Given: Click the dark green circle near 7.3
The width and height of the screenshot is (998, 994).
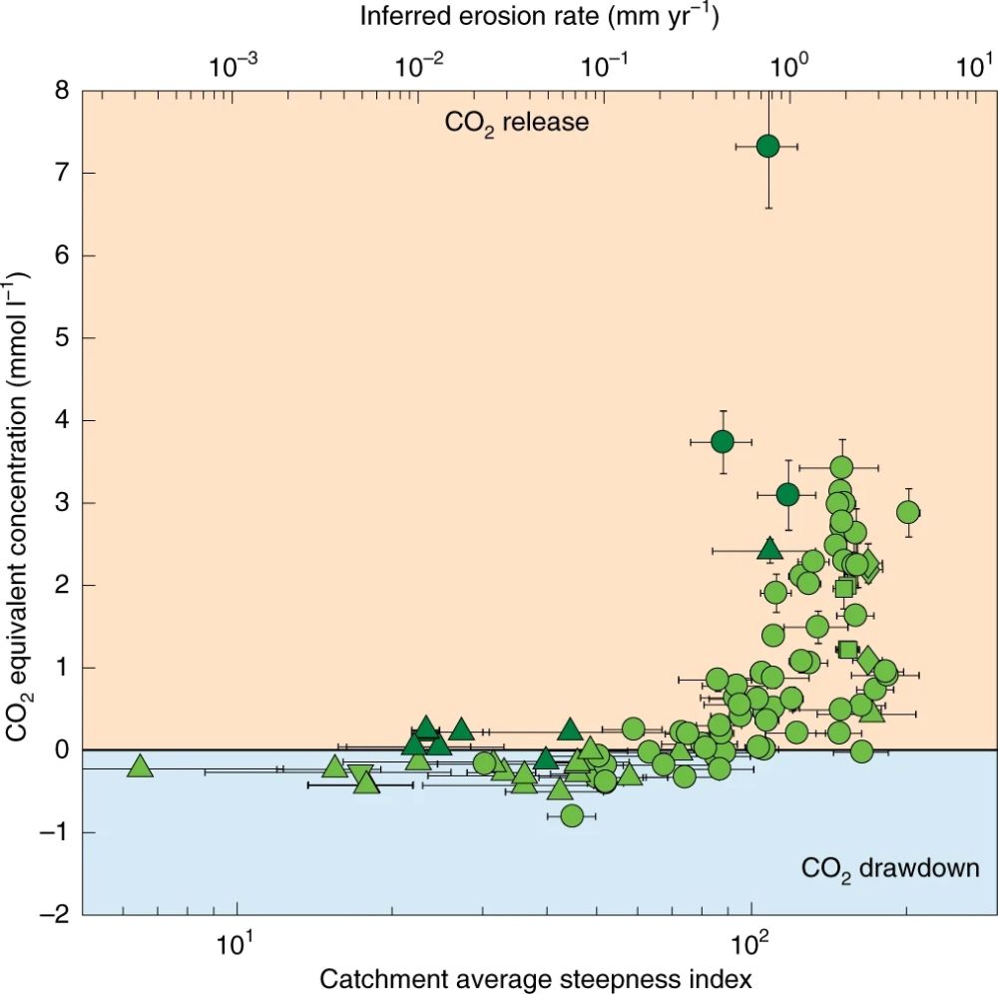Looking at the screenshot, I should (767, 146).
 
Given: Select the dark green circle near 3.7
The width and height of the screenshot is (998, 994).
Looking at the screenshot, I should (723, 441).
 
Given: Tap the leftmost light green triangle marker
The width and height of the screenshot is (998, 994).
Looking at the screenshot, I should (141, 766).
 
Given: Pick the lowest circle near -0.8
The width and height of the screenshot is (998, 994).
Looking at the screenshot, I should (572, 815).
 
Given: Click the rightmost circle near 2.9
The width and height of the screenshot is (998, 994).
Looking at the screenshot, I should (908, 512).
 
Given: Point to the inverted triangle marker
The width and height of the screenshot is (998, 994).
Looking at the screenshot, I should (361, 773).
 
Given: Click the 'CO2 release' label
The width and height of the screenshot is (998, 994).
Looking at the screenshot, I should (517, 123).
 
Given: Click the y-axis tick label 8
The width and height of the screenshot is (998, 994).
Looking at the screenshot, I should (61, 91).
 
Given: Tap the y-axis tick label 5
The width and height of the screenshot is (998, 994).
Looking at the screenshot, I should (61, 338).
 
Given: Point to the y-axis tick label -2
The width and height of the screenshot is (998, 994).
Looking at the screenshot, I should (55, 914).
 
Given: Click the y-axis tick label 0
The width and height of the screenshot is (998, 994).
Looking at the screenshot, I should (61, 749).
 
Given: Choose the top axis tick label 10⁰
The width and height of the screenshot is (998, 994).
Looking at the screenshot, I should (789, 66).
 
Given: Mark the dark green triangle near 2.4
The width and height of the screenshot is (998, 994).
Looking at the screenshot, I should (768, 548).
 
